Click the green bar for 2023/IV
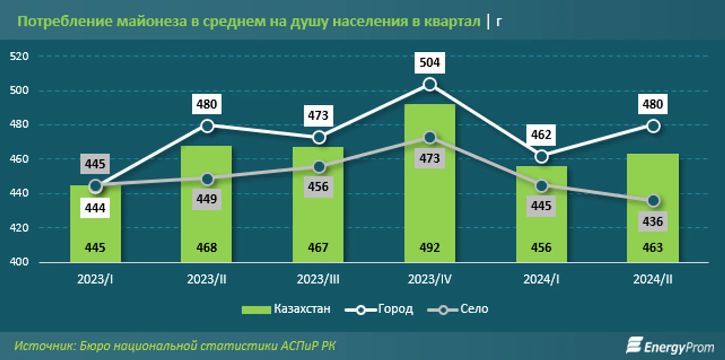[430, 201]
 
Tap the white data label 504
[430, 62]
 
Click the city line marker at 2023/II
[207, 126]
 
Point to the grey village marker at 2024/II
[653, 201]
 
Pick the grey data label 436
[652, 221]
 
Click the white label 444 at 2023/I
[95, 208]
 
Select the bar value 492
[430, 248]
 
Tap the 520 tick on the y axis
[19, 56]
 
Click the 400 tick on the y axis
[19, 262]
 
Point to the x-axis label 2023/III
[318, 279]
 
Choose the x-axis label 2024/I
[541, 279]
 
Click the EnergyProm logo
[670, 346]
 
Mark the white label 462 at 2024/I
[541, 135]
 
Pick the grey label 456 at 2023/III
[318, 187]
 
